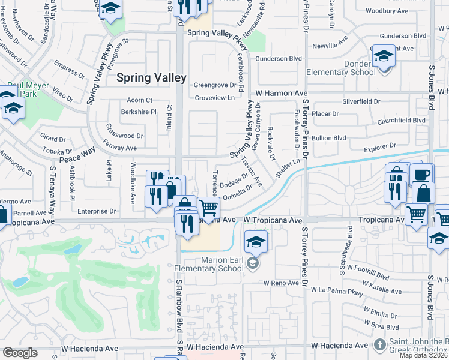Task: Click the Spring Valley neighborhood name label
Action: coord(151,78)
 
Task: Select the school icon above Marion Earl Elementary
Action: coord(256,242)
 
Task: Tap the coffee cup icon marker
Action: coord(423,175)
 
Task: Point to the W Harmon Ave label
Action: coord(282,94)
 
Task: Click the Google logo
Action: coord(20,353)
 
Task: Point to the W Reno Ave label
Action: coord(281,283)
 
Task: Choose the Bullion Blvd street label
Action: coord(330,138)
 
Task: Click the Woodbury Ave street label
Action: coord(387,11)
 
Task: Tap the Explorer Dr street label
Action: coord(379,146)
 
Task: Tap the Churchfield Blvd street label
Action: coord(402,120)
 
